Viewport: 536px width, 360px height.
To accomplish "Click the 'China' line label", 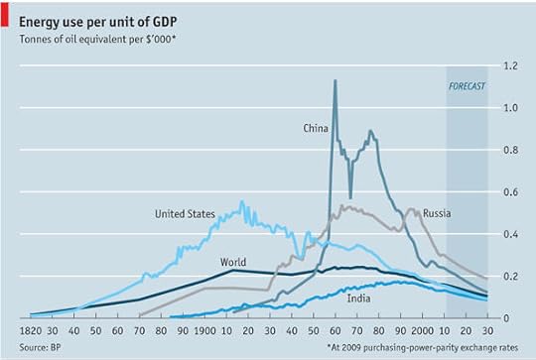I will click(317, 128).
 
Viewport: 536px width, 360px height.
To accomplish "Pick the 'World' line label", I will click(234, 262).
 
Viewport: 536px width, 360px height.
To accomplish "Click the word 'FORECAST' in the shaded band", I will click(467, 87).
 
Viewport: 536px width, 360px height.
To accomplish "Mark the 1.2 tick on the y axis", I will click(510, 65).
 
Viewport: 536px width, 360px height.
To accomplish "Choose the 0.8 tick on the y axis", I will click(510, 150).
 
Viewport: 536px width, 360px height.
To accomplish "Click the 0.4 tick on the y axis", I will click(510, 234).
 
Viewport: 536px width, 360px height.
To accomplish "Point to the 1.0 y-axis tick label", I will click(510, 107).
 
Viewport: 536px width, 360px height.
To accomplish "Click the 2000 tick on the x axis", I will click(422, 330).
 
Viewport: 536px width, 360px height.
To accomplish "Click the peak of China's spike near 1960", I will click(335, 80).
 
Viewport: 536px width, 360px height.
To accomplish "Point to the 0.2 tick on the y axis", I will click(510, 276).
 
